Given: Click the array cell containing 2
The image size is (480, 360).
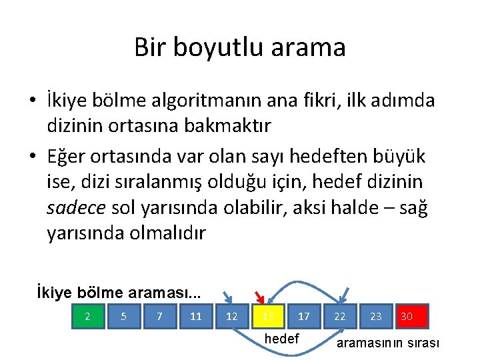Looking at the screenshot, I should [x=88, y=316].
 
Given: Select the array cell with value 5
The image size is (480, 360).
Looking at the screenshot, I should [x=124, y=316].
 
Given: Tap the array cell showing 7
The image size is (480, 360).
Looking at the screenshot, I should [x=160, y=316].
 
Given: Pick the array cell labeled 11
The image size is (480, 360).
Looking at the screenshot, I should [x=196, y=316].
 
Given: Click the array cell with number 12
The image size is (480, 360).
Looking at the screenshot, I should [x=232, y=316].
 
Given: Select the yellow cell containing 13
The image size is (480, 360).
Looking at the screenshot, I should [x=268, y=316].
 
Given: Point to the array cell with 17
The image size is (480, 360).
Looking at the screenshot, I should [x=304, y=316].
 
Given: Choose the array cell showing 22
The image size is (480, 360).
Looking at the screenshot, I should [x=340, y=316].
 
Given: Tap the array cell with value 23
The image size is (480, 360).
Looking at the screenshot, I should [x=376, y=316].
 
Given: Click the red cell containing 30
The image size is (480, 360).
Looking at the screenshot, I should [x=411, y=316].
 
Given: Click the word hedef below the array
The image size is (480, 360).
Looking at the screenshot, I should [x=282, y=339].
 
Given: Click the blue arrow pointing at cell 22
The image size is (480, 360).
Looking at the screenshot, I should [x=344, y=295].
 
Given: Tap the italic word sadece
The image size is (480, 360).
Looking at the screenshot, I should [x=76, y=208].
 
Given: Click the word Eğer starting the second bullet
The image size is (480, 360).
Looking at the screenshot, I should [x=69, y=156].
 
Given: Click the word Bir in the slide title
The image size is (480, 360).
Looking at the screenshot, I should [x=149, y=47].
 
